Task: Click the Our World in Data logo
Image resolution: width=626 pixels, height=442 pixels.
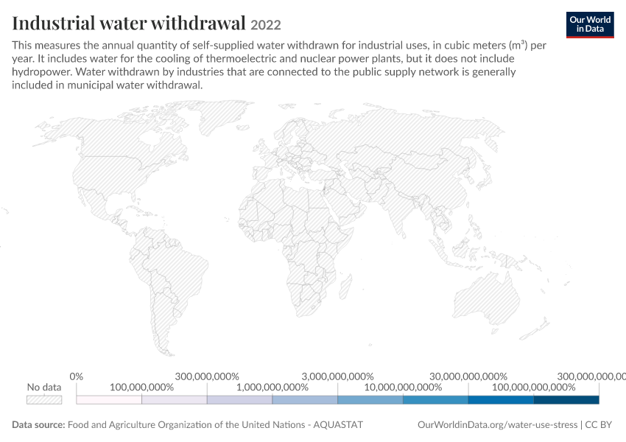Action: (590, 25)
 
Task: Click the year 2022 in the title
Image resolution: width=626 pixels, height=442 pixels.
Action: (265, 25)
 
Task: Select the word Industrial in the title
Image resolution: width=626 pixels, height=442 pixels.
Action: (53, 23)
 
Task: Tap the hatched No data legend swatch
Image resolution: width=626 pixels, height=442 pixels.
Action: (44, 400)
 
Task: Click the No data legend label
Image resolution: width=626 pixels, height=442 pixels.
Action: (44, 387)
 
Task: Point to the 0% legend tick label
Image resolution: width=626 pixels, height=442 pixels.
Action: (77, 376)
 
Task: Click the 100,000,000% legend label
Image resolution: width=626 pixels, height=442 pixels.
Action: (141, 387)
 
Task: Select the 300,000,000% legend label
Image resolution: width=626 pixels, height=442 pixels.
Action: (207, 376)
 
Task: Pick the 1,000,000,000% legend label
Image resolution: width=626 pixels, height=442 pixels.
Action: (272, 387)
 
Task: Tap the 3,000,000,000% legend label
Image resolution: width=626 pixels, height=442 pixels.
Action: (338, 376)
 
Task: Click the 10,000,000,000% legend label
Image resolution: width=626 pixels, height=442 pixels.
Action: (404, 387)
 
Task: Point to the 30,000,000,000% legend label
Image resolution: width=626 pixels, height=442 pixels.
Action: (468, 376)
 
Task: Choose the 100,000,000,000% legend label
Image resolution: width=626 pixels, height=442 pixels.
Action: (534, 387)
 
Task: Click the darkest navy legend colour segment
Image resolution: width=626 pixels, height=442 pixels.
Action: (566, 400)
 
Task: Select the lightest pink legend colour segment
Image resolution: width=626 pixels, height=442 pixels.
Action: (109, 400)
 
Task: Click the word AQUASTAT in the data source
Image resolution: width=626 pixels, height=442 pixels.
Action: (338, 424)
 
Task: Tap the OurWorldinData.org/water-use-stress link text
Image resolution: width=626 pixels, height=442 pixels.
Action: (497, 424)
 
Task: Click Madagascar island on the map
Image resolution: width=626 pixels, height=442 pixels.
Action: (346, 287)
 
